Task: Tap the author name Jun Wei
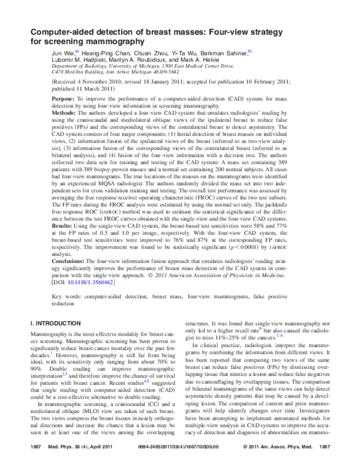coord(62,53)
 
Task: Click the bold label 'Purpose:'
coord(63,98)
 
